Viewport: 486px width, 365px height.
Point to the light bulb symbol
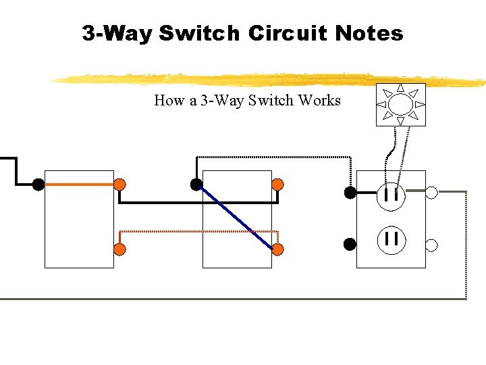click(400, 105)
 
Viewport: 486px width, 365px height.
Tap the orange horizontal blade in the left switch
click(78, 184)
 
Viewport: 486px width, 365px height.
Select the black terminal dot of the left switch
click(38, 184)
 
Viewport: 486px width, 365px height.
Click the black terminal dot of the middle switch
click(196, 184)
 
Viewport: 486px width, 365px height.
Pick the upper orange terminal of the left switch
click(119, 184)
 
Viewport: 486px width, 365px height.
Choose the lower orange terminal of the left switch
click(119, 249)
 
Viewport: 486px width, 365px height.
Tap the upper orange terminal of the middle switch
click(277, 184)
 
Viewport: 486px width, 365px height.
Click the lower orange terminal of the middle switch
click(277, 249)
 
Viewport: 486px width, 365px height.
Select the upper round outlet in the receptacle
click(391, 196)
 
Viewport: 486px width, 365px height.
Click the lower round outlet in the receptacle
click(391, 239)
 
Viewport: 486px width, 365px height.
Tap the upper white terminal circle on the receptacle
click(432, 192)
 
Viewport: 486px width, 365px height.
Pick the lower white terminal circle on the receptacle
click(432, 245)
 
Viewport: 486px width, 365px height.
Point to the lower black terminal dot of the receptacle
click(350, 243)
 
